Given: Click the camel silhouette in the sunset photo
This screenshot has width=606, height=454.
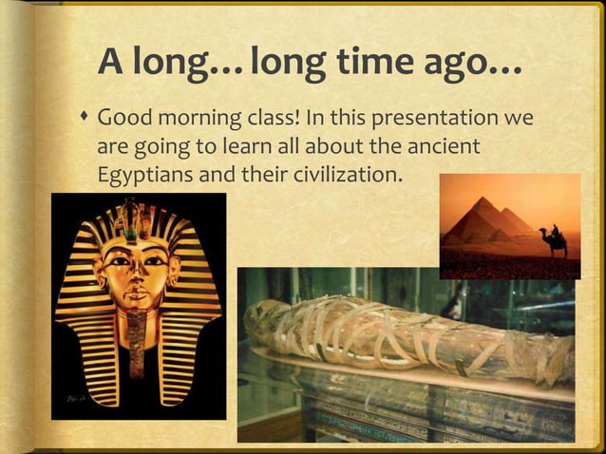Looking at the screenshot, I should pos(554,241).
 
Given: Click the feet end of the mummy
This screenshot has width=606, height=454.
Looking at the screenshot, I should pos(556,361).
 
